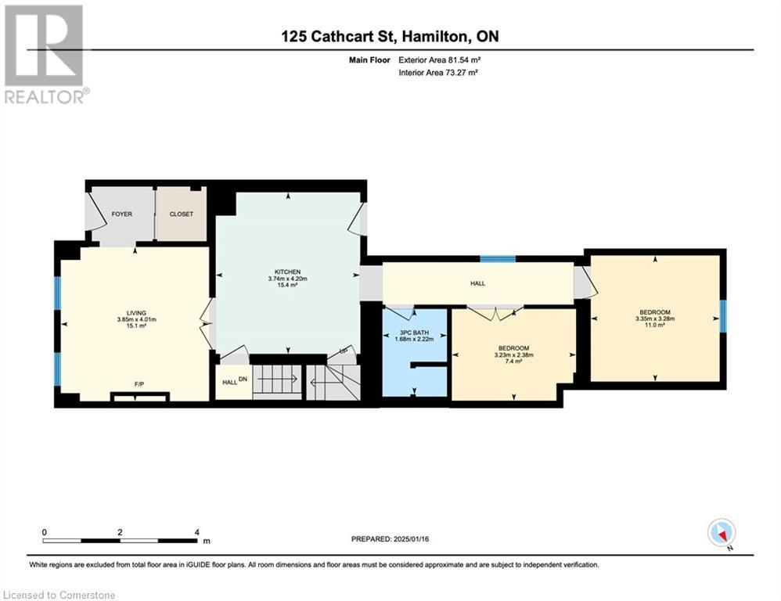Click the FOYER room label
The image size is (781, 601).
(x=121, y=214)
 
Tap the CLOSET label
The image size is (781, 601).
(x=182, y=214)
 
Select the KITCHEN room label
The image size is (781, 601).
(x=288, y=272)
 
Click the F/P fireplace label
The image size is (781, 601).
(x=139, y=384)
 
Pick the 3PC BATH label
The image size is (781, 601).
(x=415, y=333)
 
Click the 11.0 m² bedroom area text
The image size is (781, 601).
(x=655, y=325)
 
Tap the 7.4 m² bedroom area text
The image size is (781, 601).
(x=513, y=362)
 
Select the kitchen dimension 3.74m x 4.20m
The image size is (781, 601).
(x=288, y=279)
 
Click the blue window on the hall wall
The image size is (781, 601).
(x=498, y=258)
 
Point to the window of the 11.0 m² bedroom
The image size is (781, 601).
(x=723, y=316)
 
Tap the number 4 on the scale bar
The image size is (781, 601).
(x=197, y=532)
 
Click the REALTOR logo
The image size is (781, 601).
(x=45, y=54)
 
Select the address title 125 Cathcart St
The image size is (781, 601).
(x=339, y=36)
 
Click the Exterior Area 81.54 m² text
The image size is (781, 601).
(x=439, y=60)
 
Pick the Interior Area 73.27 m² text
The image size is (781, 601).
(x=438, y=73)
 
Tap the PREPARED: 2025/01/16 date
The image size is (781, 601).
(x=390, y=538)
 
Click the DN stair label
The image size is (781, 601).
(x=243, y=379)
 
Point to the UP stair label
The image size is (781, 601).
(x=344, y=351)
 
